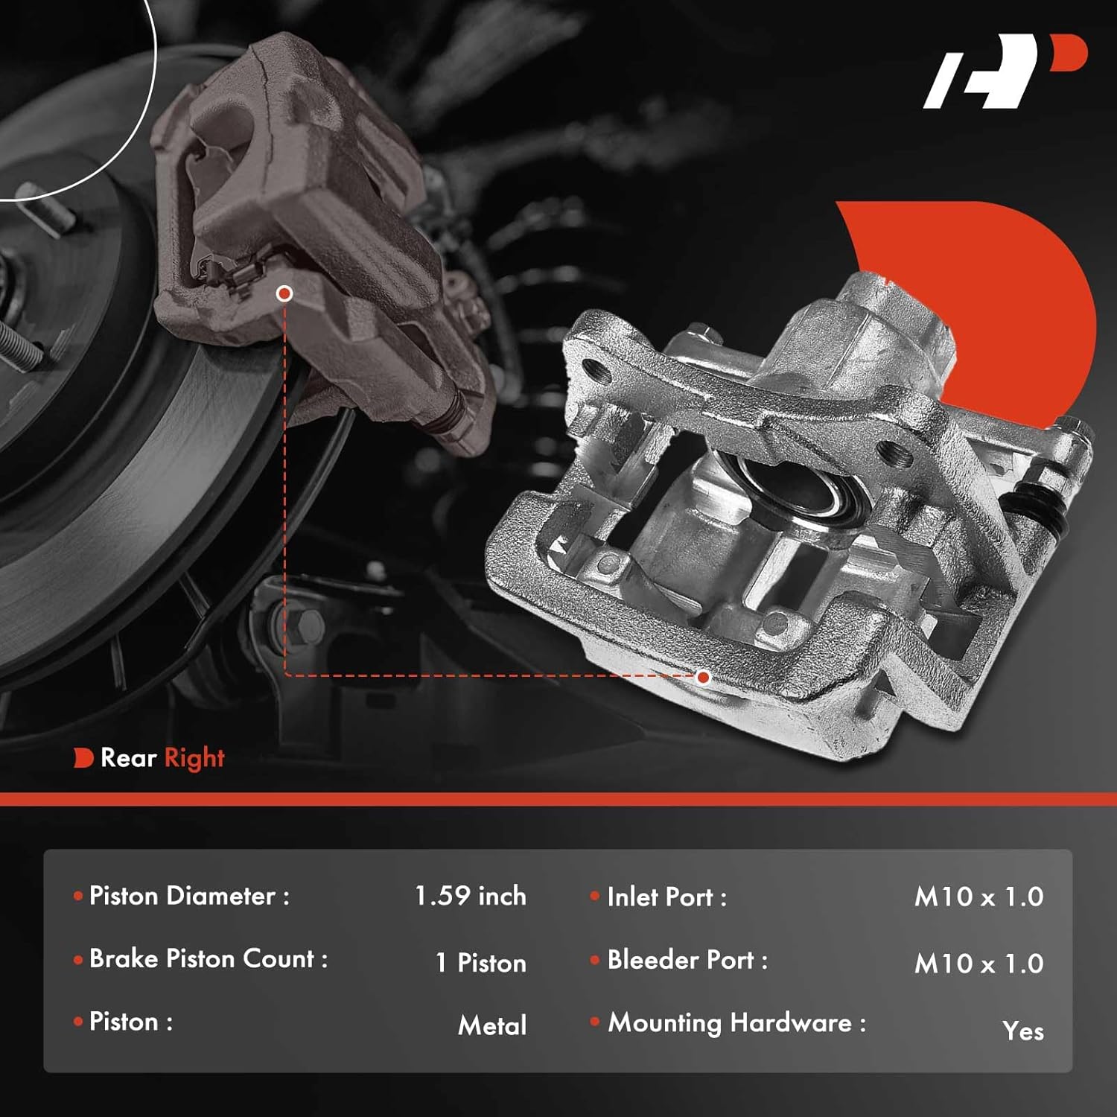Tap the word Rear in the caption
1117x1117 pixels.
coord(128,758)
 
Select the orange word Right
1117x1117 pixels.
coord(194,759)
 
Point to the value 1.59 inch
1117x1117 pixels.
coord(470,896)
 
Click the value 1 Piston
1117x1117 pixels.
coord(480,963)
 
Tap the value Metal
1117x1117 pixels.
coord(492,1025)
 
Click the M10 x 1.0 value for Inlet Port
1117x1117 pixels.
coord(978,897)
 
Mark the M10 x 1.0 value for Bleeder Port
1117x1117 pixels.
coord(978,964)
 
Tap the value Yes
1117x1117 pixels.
coord(1022,1031)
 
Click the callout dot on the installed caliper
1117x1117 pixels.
coord(284,294)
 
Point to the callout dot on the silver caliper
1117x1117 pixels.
coord(703,677)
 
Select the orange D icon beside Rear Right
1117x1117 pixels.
coord(83,758)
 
